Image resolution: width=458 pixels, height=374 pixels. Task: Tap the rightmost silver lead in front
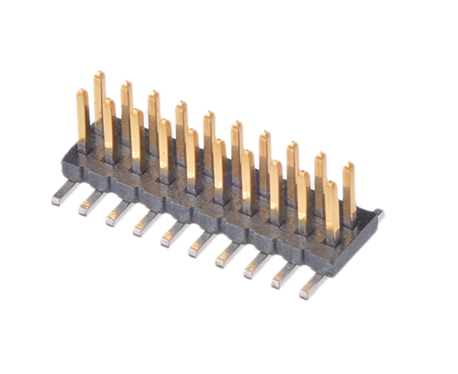point(312,286)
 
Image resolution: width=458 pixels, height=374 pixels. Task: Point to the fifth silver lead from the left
point(173,234)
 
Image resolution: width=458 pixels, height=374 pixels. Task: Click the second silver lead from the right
point(284,275)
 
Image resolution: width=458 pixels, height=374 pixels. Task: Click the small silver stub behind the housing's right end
point(379,214)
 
